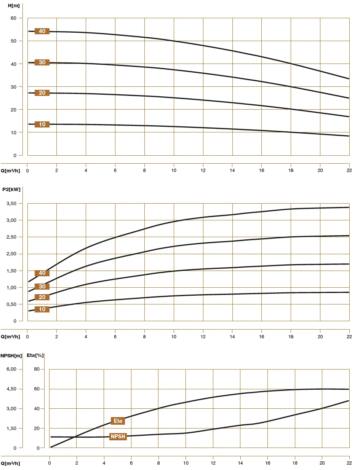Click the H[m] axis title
tap(13, 5)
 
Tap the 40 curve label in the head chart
tap(42, 31)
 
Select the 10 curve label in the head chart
tap(42, 124)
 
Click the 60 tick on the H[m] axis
tap(13, 18)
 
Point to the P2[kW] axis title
tap(11, 190)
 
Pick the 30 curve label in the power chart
tap(42, 287)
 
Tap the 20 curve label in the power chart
tap(42, 297)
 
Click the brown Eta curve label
tap(118, 421)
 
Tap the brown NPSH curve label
tap(118, 437)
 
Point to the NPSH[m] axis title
tap(11, 355)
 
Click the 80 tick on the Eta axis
tap(37, 369)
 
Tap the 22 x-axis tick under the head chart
tap(349, 170)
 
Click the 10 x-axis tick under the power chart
tap(174, 336)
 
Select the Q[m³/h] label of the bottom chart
tap(10, 463)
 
